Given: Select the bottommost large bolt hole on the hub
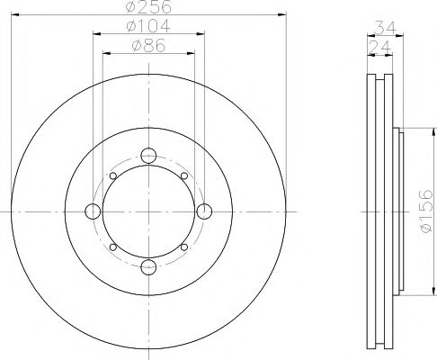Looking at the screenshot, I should (148, 266).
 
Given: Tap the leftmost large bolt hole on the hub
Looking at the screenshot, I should (93, 211).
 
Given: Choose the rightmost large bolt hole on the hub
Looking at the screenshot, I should (204, 211).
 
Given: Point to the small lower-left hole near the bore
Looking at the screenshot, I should (112, 246).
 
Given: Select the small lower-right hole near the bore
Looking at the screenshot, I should (183, 246).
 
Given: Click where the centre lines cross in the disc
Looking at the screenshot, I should (148, 211).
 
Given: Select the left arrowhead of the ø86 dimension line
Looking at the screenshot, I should (104, 53).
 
